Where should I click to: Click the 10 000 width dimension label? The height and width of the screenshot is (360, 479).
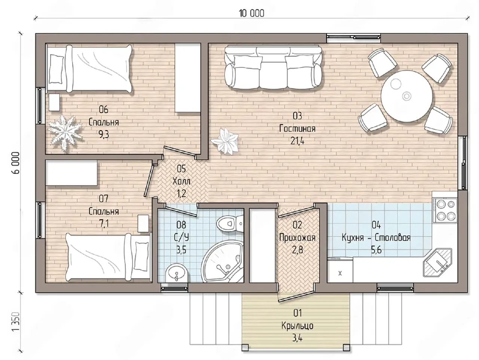(x=252, y=13)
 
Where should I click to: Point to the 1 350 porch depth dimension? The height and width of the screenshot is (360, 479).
(x=16, y=321)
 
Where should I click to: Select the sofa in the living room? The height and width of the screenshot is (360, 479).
(x=273, y=67)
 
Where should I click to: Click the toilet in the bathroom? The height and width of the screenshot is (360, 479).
(x=230, y=223)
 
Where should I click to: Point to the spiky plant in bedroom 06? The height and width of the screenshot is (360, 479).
(x=65, y=132)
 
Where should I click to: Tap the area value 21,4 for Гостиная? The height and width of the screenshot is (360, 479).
(x=297, y=141)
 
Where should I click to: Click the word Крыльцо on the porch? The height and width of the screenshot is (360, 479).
(x=297, y=326)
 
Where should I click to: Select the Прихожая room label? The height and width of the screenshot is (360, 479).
(x=297, y=238)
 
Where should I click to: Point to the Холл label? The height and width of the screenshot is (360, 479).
(x=181, y=181)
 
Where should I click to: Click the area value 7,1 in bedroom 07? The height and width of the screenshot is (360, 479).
(x=104, y=224)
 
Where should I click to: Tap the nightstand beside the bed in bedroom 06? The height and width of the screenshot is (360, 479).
(x=54, y=102)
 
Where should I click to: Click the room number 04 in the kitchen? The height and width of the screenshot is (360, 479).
(x=376, y=225)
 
